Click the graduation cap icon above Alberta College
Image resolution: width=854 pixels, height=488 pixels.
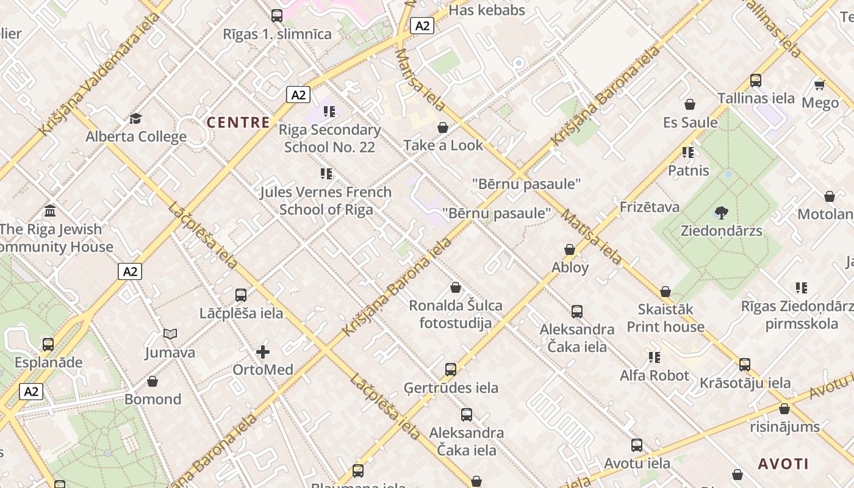pos(135,118)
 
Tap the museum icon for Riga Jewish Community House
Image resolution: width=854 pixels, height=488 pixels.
pos(50,210)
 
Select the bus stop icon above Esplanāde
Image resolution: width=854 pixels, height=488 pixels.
pos(48,344)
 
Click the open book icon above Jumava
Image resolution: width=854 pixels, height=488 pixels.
pos(170,334)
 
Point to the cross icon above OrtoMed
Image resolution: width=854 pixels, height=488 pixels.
pos(263,352)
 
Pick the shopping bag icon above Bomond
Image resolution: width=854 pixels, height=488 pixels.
pos(152,381)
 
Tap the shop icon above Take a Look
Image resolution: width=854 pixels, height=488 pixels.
pos(443,127)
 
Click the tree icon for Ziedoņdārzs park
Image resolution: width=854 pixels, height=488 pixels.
pos(721,213)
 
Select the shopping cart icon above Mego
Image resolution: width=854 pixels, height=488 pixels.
pos(819,84)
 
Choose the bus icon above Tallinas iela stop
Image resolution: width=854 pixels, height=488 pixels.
pos(756,80)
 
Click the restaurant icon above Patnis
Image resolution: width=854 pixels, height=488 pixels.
pos(688,152)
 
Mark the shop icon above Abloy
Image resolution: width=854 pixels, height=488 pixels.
pos(570,249)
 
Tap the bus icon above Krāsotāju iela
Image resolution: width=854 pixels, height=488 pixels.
pos(744,365)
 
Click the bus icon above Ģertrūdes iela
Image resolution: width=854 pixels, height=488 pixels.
pos(450,369)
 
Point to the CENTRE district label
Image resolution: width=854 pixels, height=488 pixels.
pos(238,123)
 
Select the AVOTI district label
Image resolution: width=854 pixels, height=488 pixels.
pos(783,464)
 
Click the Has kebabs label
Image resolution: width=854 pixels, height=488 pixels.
pos(487,10)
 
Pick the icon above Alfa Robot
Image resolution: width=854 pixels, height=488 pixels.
pos(654,357)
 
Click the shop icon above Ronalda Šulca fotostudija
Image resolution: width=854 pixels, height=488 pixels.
pos(455,287)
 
